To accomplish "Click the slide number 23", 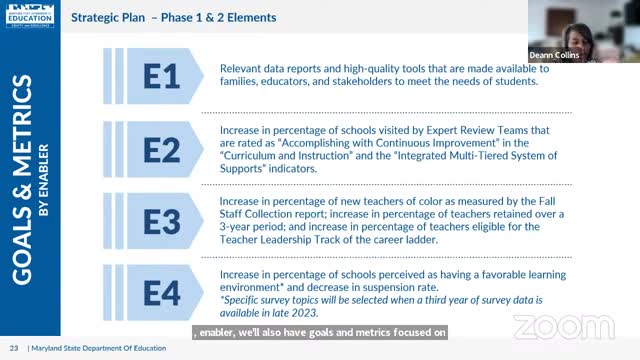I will click(14, 347).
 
